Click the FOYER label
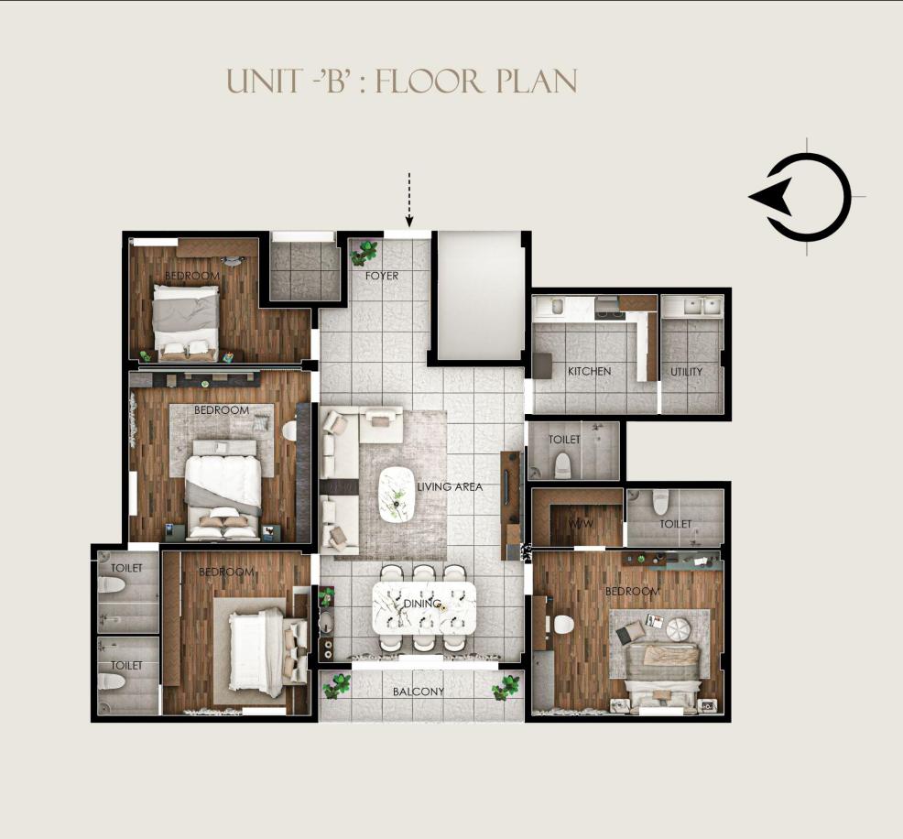click(x=382, y=276)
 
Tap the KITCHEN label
click(x=589, y=372)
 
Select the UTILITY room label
click(x=687, y=372)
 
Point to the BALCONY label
click(x=419, y=692)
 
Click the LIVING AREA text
click(x=450, y=486)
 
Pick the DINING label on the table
click(x=422, y=604)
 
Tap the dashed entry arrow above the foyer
click(x=408, y=199)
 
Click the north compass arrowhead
click(x=768, y=196)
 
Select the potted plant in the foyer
click(x=364, y=252)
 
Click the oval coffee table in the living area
click(x=397, y=495)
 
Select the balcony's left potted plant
click(x=337, y=686)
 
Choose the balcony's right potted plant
click(x=506, y=688)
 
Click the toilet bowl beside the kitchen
click(x=562, y=465)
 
